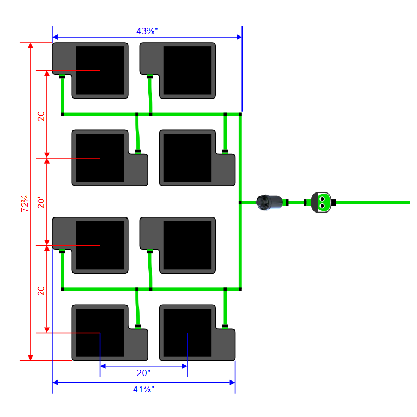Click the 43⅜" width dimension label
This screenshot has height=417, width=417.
(x=147, y=31)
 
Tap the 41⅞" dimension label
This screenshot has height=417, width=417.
(x=143, y=389)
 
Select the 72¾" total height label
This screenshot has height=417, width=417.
(x=25, y=202)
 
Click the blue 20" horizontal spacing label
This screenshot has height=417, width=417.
(x=143, y=373)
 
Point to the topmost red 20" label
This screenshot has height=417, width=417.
(x=41, y=114)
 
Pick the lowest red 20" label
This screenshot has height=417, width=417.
(x=41, y=289)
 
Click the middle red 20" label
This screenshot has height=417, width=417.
(x=41, y=202)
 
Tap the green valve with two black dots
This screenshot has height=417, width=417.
(x=321, y=202)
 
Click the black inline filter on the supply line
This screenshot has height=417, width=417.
(x=269, y=203)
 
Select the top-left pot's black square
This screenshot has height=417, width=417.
(x=100, y=70)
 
